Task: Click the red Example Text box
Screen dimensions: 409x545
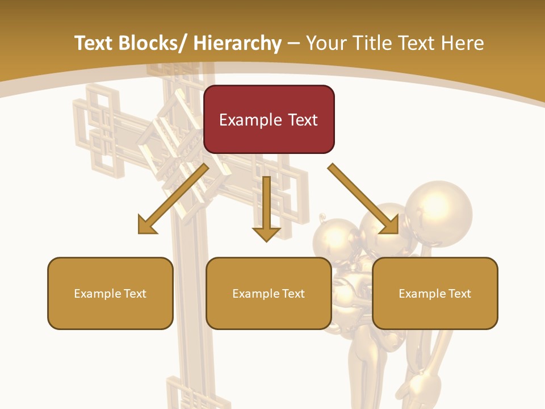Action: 269,119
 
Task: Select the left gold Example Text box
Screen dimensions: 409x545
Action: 110,293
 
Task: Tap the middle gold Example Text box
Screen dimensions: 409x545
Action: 269,293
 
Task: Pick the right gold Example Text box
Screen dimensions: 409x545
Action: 435,293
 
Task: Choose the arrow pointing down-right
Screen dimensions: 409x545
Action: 363,199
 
